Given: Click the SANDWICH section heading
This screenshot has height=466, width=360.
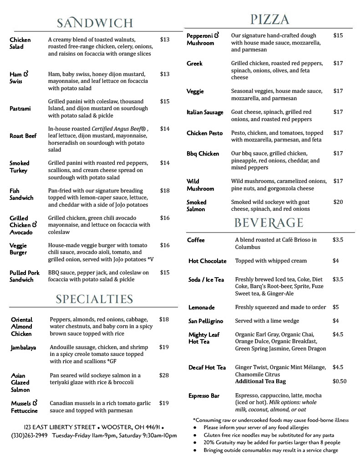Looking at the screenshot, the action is pos(95,23).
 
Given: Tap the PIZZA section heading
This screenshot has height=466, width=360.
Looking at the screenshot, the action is pos(269,19).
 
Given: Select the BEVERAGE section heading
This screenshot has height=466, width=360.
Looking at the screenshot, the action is pos(269,223).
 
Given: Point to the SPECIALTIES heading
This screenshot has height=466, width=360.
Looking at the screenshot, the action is pos(94,299).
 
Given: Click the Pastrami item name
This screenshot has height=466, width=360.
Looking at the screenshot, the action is pos(20,109).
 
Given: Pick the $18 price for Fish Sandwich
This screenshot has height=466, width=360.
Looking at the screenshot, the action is pos(165,191).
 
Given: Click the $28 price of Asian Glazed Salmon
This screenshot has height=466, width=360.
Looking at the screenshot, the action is pos(164,375).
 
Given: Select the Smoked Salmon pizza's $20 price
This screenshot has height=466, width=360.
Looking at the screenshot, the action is pos(338,202).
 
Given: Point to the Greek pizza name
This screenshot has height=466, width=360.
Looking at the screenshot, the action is pos(194,64).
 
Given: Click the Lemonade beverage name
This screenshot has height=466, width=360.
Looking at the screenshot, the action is pos(202,308).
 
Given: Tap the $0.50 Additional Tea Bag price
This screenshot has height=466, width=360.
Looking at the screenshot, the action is pos(340,381).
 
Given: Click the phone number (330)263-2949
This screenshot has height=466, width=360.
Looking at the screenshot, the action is pos(29,436).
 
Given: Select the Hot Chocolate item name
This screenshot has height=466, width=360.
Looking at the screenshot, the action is pos(207,261).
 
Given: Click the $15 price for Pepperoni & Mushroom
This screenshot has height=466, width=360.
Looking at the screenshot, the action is pos(338,35).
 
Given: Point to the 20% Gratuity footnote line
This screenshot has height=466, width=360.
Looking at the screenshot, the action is pos(272,442).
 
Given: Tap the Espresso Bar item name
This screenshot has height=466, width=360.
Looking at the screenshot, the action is pos(204,396).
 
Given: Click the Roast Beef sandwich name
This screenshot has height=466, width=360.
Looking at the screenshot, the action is pos(23,136).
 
